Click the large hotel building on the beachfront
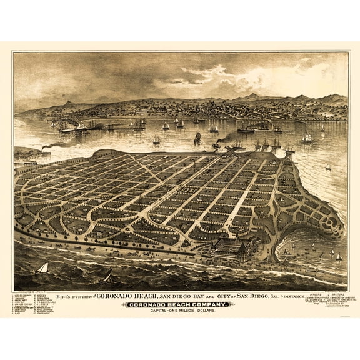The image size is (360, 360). [234, 248]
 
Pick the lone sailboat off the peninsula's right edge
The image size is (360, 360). [328, 167]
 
